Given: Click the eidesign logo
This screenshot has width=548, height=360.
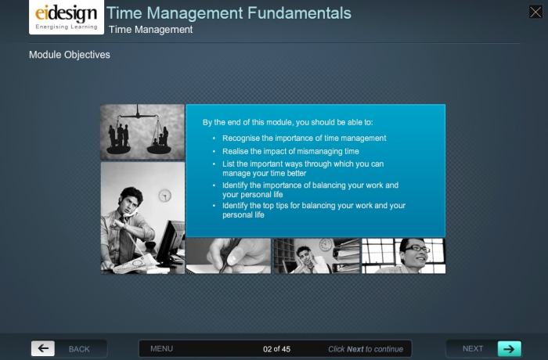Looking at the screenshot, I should point(67,17).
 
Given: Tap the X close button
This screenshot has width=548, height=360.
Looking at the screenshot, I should point(535,12).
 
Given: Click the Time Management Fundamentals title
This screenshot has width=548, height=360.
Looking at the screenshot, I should point(229,13).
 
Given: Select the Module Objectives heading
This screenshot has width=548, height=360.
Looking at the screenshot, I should point(70,55).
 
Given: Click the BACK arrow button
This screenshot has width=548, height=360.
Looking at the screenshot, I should point(43,349).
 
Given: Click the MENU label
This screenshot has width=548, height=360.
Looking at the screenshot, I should point(161,349).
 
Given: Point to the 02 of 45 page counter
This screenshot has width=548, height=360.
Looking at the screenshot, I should point(276,349).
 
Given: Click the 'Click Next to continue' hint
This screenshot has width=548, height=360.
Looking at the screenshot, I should point(365,349).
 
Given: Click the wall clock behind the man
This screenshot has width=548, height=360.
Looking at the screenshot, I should point(164,195).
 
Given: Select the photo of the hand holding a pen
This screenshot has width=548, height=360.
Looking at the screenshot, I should point(228,256).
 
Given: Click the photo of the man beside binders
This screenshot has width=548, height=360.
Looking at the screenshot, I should point(316,256).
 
